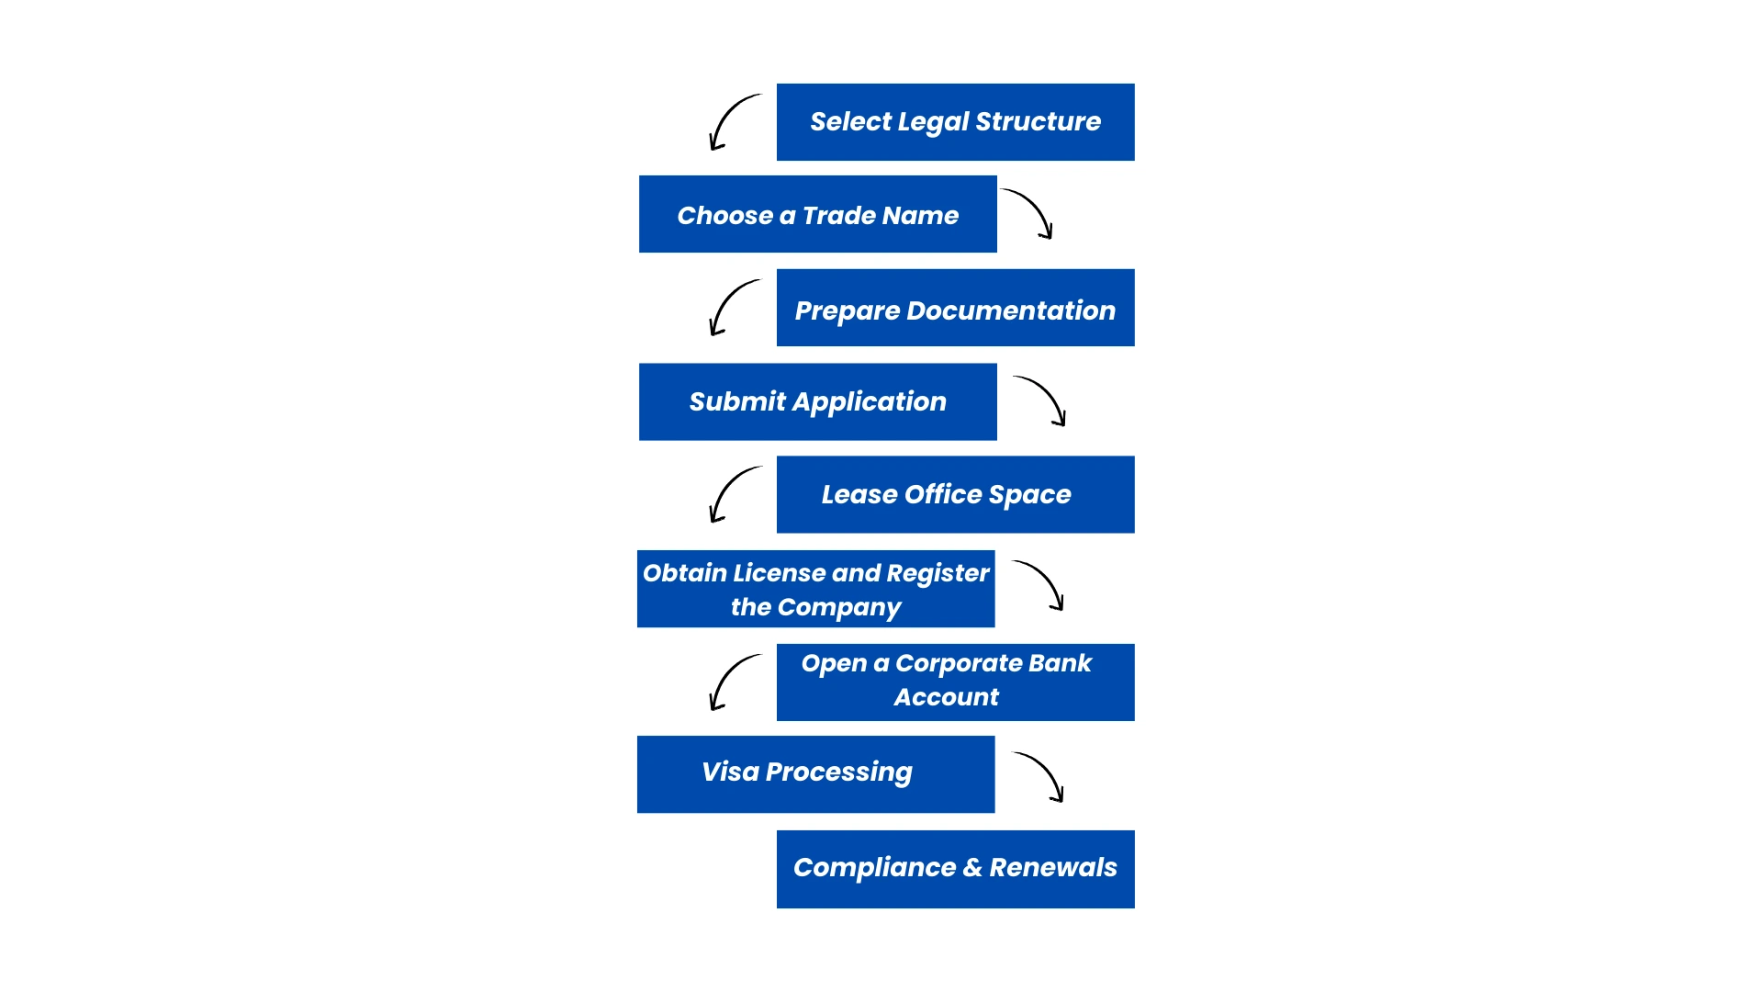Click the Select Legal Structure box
pos(955,122)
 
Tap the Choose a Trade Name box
pos(817,214)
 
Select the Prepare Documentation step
pos(955,308)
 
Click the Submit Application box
pos(817,401)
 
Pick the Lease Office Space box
pos(955,494)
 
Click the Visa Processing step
pos(815,773)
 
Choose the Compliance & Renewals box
pos(955,869)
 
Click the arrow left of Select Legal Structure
pos(732,122)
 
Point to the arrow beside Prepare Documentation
pos(732,308)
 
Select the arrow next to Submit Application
pos(1041,400)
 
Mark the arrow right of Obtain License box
pos(1039,585)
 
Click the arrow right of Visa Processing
pos(1039,777)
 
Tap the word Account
pos(946,698)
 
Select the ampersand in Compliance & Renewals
pos(972,868)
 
